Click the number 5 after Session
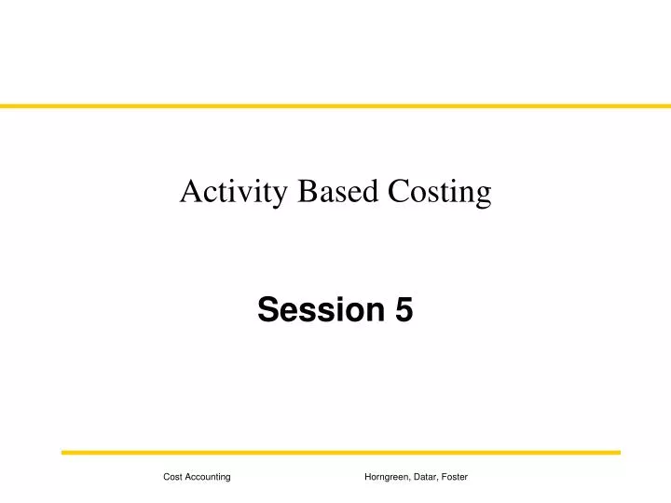pos(404,310)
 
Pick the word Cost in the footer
pos(172,477)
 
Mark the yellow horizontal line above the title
pos(335,106)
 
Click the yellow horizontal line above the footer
pos(341,453)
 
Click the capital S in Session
pos(267,310)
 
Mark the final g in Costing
pos(483,196)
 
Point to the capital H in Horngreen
pos(368,477)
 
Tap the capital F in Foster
pos(445,477)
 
